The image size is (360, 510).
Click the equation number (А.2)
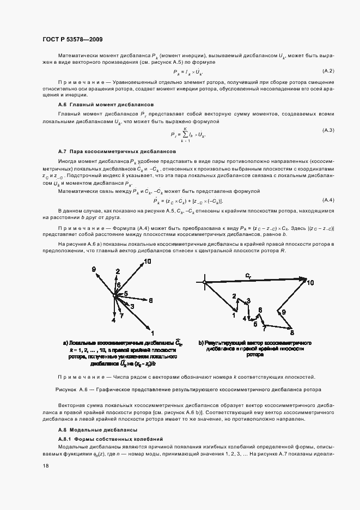[328, 71]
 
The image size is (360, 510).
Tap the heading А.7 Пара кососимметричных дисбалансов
[117, 150]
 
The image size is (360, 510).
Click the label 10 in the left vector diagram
[148, 262]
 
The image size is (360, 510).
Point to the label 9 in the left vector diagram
[94, 269]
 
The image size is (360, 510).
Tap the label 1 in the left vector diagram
[153, 332]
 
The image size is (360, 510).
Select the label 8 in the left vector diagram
[151, 300]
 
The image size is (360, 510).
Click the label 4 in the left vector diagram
[113, 320]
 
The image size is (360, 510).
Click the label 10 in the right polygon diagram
[310, 283]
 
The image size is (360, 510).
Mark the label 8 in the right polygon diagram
[291, 332]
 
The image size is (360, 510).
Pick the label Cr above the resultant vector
[248, 276]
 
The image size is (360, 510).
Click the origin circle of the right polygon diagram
[204, 282]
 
